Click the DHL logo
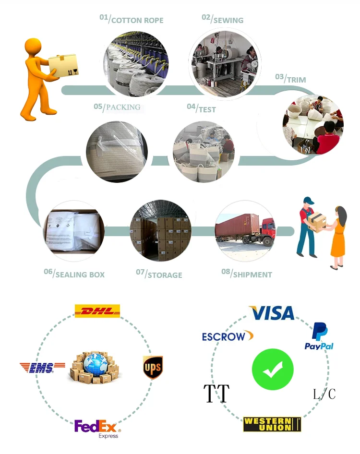(x=97, y=311)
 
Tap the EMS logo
(x=43, y=368)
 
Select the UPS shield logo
(x=153, y=367)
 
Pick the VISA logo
(x=272, y=313)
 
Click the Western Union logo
(x=272, y=424)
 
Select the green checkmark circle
(x=273, y=369)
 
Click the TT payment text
(x=216, y=394)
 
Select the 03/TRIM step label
(x=290, y=79)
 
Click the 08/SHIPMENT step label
(x=247, y=274)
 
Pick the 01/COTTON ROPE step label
(x=132, y=20)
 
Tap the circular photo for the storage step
(x=160, y=231)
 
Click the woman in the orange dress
(x=338, y=235)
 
